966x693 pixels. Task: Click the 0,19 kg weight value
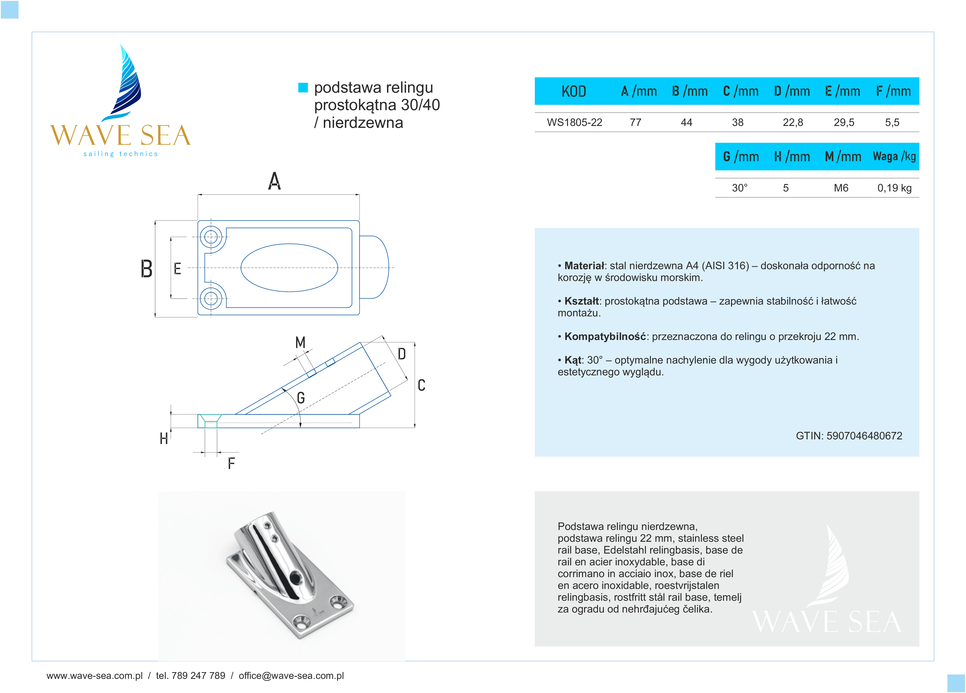coord(894,188)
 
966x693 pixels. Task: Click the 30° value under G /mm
coord(739,188)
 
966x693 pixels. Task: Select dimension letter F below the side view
coord(231,463)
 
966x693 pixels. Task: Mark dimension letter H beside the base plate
coord(164,439)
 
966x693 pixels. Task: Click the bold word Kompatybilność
coord(605,337)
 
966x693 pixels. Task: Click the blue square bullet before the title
coord(303,88)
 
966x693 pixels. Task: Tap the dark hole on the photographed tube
coord(294,578)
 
